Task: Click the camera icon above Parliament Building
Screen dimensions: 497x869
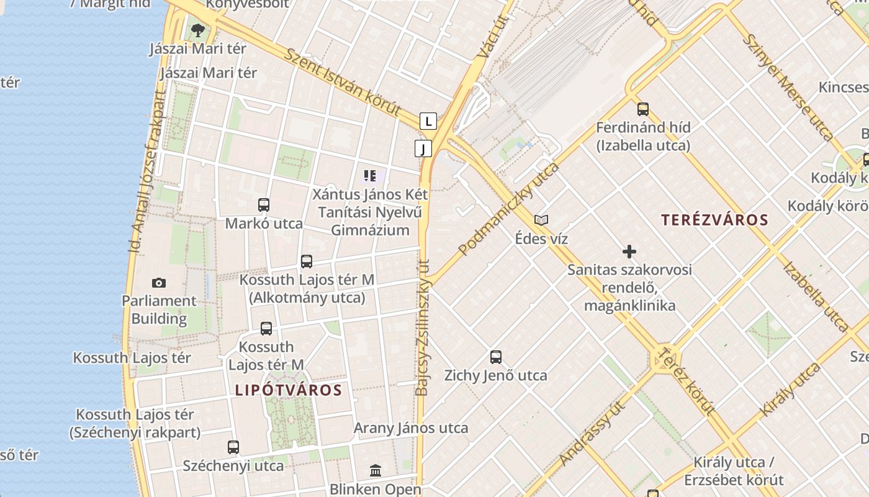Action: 159,283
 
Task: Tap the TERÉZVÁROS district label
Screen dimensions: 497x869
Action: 714,220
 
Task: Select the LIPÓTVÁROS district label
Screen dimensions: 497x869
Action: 289,390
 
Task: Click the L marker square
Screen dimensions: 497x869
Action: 428,121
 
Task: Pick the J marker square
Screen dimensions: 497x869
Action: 423,148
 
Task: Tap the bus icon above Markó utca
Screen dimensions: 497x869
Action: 264,205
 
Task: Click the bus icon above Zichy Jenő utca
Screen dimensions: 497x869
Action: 495,357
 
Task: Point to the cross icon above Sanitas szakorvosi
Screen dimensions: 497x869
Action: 629,252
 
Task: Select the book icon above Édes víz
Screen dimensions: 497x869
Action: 541,221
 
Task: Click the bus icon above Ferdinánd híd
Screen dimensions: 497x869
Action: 643,109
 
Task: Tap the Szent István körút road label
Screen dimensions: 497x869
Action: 342,81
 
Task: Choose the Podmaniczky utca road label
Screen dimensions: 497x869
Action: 508,209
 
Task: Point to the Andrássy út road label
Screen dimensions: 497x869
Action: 592,433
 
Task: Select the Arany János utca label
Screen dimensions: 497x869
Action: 411,428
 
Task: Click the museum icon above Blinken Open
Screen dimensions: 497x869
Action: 376,470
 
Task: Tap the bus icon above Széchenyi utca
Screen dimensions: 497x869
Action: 233,447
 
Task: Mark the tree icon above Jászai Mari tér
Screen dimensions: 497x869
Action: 198,30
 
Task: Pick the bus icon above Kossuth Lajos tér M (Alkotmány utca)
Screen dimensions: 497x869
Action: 307,262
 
